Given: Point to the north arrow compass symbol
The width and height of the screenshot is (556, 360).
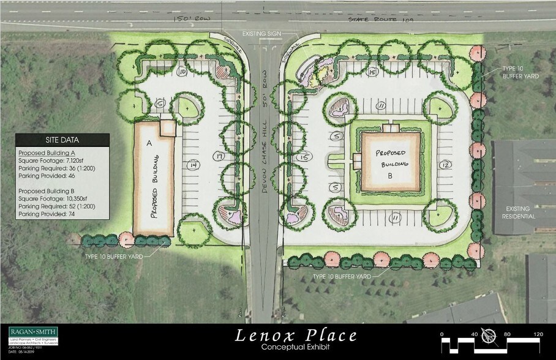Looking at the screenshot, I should coord(489,335).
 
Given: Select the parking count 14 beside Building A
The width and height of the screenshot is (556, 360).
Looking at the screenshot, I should coord(193,165).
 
